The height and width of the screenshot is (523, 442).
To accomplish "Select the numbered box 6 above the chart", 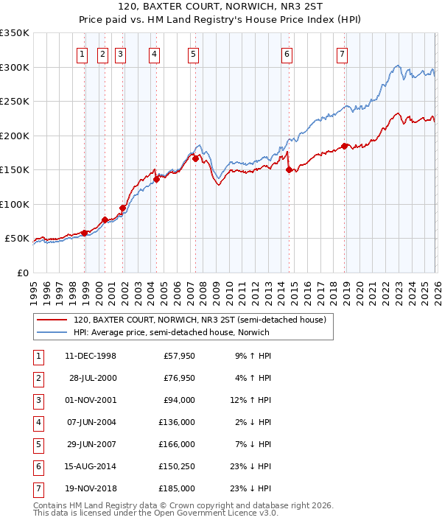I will pos(287,53).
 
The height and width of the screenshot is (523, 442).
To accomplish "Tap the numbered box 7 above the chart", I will pos(343,53).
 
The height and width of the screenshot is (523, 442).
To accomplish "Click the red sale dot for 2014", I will pos(289,169).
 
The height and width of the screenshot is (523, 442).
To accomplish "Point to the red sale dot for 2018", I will pos(344,146).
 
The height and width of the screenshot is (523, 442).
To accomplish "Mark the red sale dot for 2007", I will pos(195,158).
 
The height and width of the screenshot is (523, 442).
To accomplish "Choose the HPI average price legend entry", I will pos(171,332).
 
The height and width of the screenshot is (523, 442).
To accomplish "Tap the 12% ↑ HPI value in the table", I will pos(251,401).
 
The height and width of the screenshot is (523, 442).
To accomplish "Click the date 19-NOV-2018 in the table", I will pos(91,488).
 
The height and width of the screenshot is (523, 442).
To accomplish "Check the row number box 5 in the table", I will pos(37,444).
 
